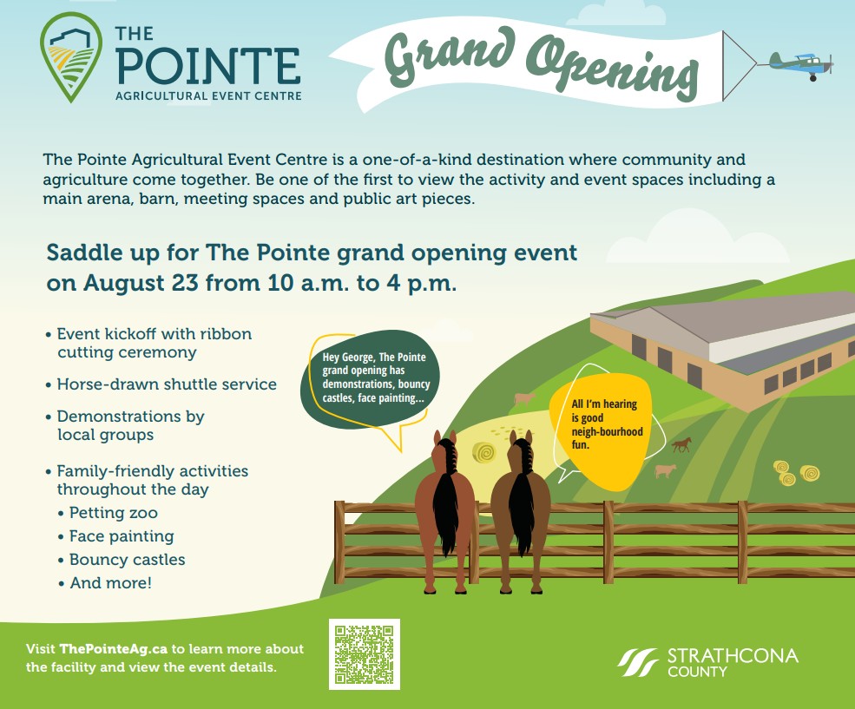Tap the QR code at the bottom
pos(365,654)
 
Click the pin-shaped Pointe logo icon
pos(71,57)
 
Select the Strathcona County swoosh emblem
pos(639,662)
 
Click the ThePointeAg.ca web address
pos(113,648)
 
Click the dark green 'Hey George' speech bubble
pos(370,378)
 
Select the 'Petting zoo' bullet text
pos(114,513)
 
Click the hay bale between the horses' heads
pos(483,453)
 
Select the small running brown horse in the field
pos(681,444)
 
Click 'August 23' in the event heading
pos(141,283)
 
